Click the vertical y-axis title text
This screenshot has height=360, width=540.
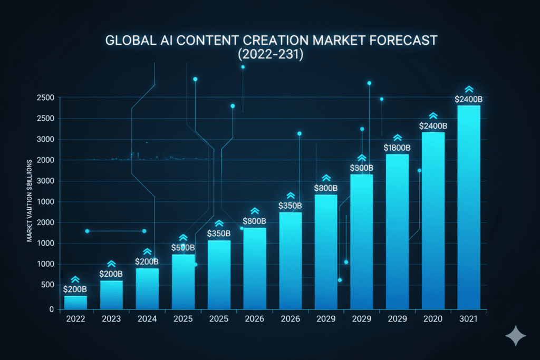point(30,200)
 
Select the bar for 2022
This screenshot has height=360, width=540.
point(75,303)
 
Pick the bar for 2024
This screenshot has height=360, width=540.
point(147,289)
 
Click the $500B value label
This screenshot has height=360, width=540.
point(183,248)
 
